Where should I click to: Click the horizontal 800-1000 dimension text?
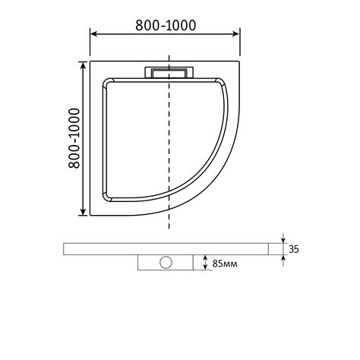[x=166, y=25]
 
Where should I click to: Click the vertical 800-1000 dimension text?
[x=74, y=138]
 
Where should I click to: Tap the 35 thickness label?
[x=294, y=249]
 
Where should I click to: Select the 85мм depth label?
[x=225, y=264]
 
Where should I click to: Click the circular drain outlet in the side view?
[x=166, y=262]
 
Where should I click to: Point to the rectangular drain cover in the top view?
[x=169, y=73]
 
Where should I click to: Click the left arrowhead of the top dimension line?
[x=94, y=34]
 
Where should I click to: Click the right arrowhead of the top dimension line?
[x=236, y=34]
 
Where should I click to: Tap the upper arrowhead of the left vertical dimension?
[x=83, y=65]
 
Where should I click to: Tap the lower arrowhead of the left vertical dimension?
[x=83, y=212]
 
